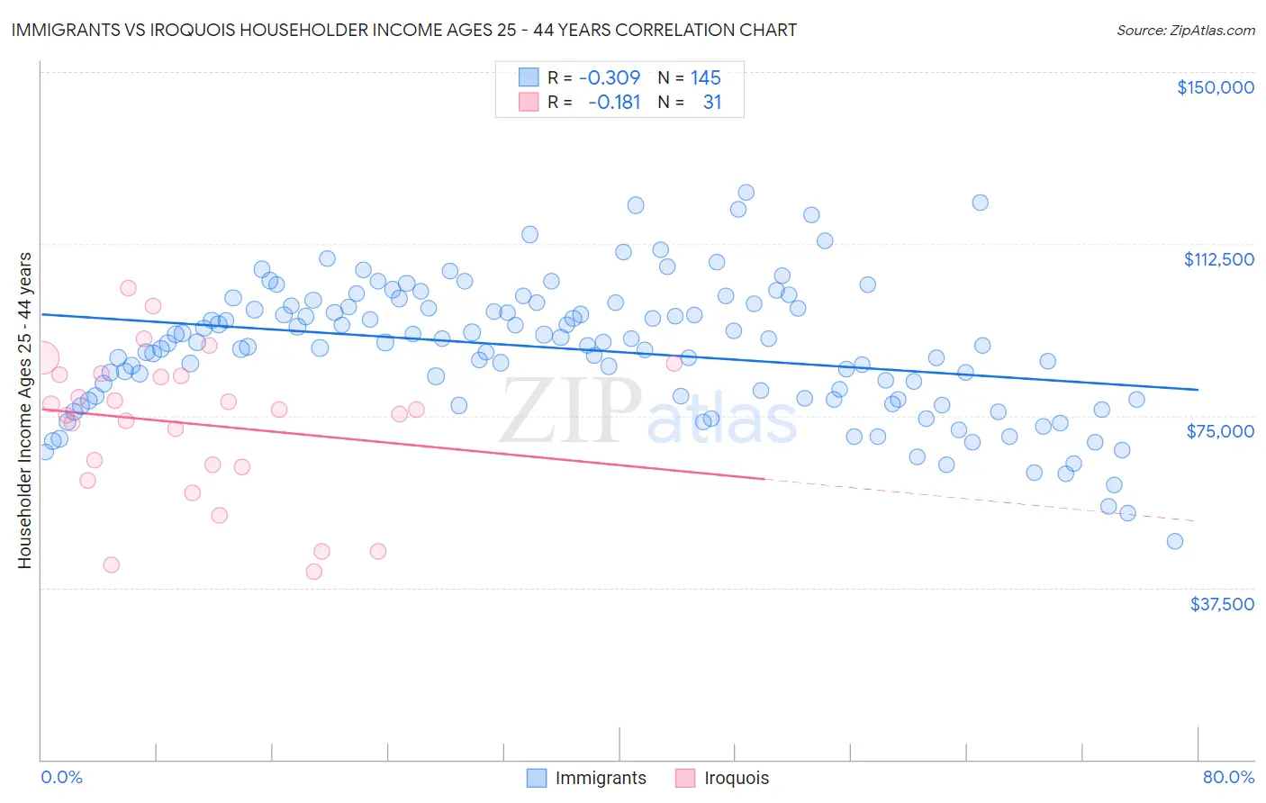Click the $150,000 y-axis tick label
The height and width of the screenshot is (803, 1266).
pos(1215,87)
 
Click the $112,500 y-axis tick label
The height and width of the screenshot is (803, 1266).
pos(1218,259)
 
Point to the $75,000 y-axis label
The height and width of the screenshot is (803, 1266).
pos(1220,431)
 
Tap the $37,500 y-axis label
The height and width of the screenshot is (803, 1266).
pos(1221,604)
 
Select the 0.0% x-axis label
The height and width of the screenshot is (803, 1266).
pos(61,777)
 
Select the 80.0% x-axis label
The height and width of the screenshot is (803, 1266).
pos(1228,777)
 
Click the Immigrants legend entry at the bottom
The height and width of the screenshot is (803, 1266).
pos(601,778)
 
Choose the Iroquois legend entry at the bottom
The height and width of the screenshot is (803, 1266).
pos(736,778)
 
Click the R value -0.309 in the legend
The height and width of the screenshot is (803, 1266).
pos(610,77)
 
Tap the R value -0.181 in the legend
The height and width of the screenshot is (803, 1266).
pos(613,102)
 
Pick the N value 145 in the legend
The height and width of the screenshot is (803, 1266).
pos(706,77)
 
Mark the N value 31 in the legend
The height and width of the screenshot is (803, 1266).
pos(712,102)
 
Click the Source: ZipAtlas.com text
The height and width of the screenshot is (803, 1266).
pos(1185,30)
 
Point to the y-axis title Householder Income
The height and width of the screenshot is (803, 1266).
pos(24,410)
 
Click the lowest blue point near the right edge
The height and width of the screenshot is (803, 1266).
pos(1174,541)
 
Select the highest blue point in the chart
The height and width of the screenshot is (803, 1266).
pos(746,193)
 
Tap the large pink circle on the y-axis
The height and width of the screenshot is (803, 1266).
pos(41,357)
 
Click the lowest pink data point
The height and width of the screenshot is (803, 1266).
pos(314,572)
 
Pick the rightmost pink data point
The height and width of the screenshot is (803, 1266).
pos(674,364)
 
